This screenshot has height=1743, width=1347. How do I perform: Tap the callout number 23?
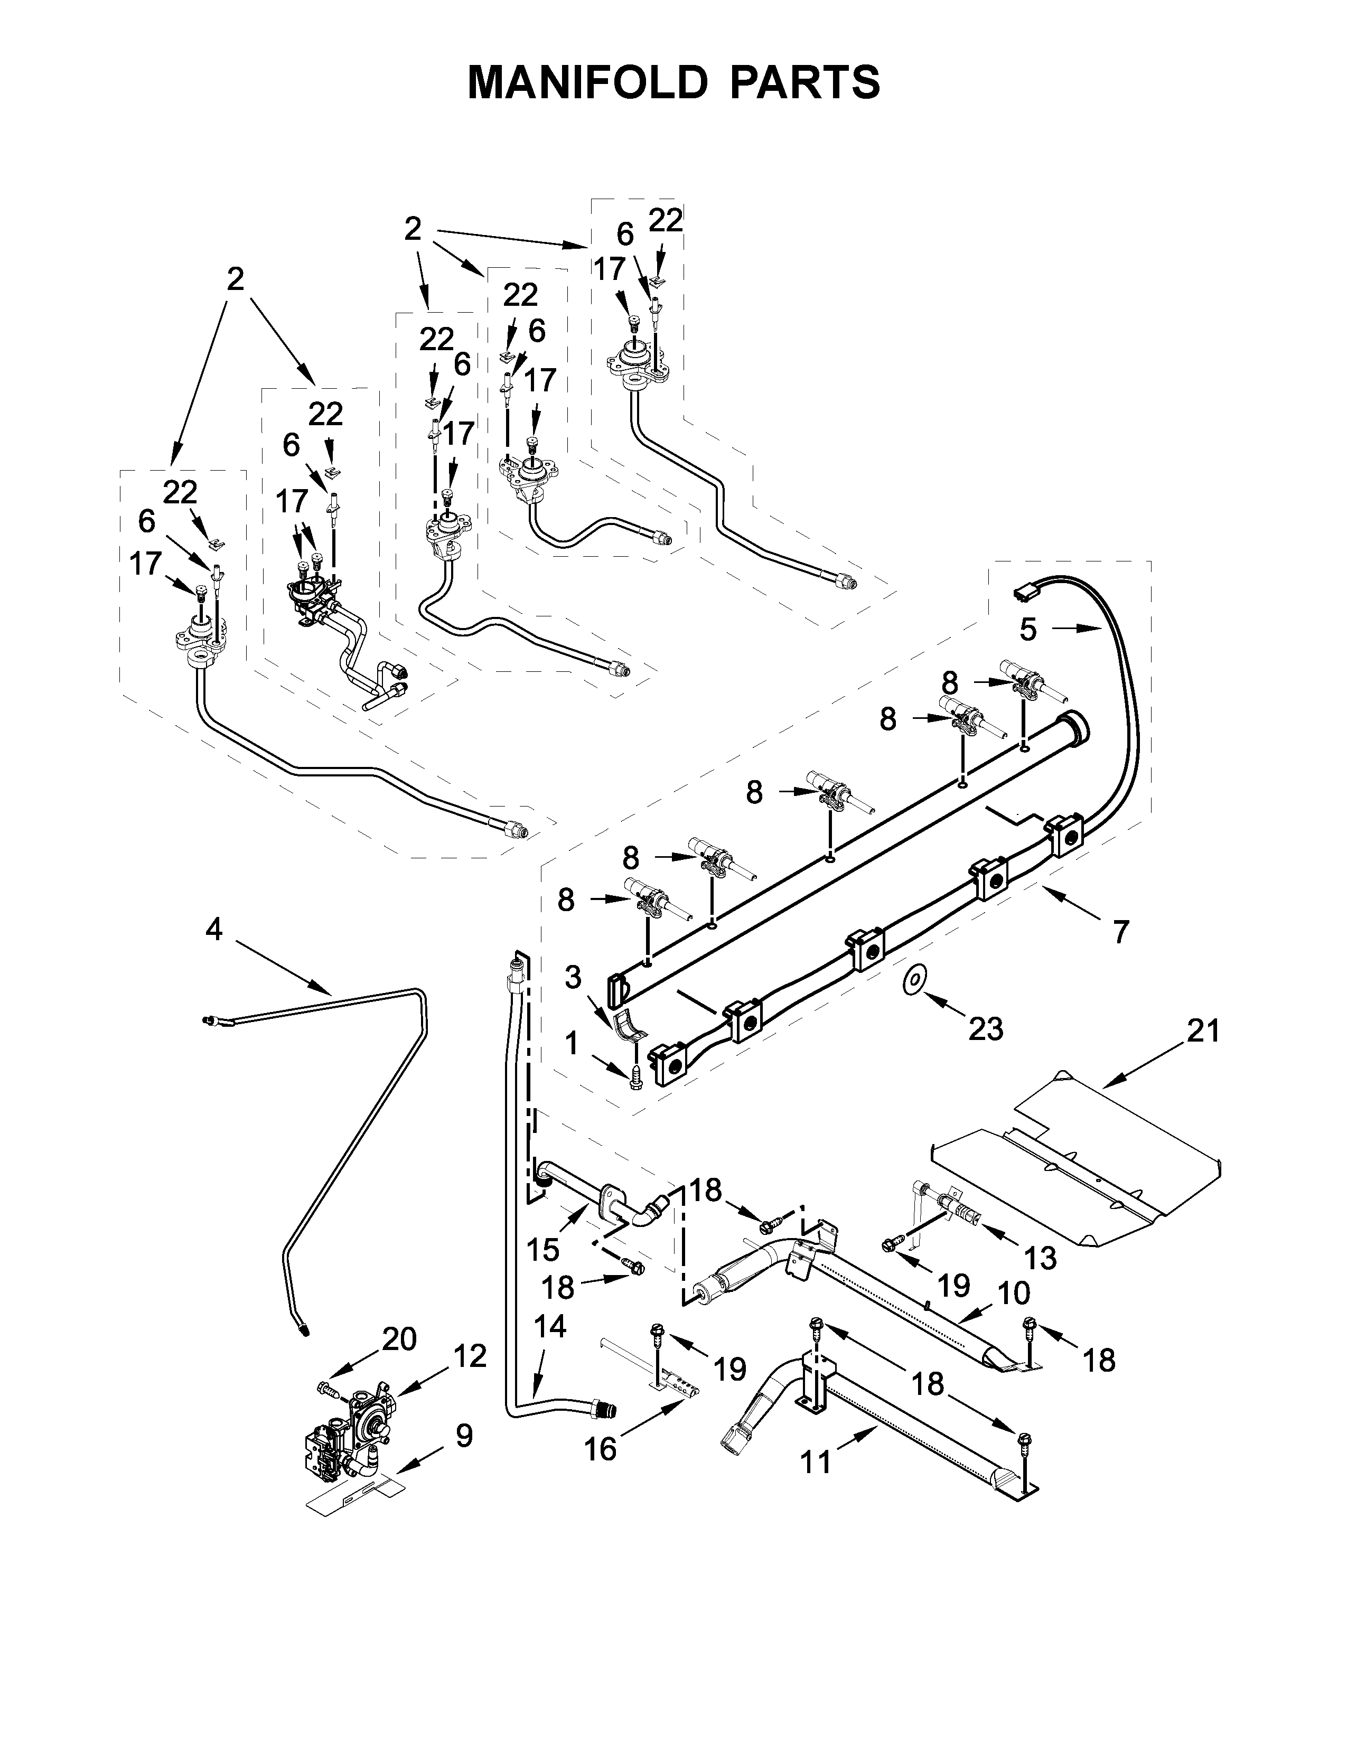coord(986,1029)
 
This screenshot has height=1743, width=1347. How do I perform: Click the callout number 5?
coord(1028,630)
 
